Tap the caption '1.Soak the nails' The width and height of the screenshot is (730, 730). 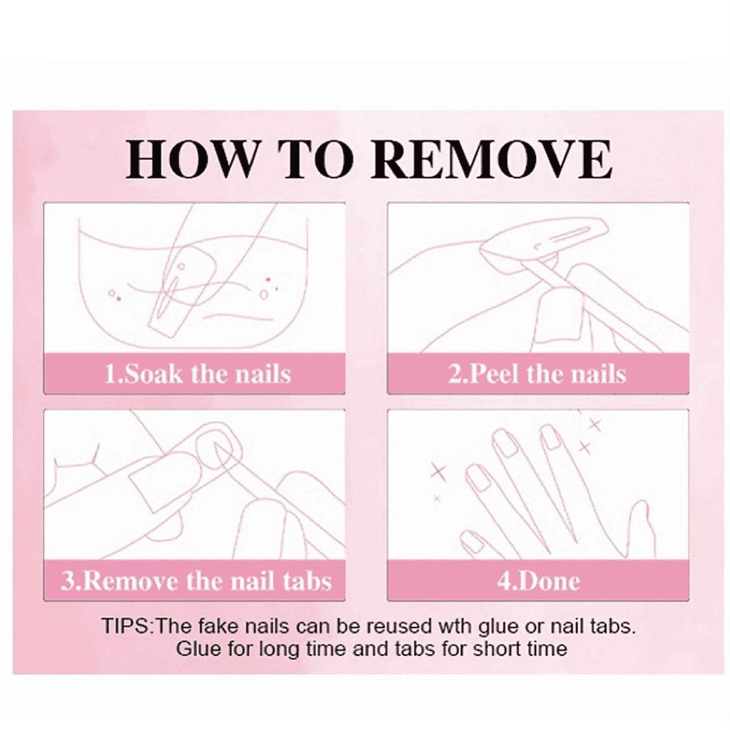tap(198, 374)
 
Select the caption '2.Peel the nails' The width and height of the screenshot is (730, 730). tap(537, 374)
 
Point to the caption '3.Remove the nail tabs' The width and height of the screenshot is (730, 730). tap(196, 581)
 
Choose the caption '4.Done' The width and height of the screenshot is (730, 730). tap(538, 581)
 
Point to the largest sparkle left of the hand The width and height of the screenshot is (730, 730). tap(439, 471)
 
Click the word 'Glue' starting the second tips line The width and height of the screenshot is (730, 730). tap(199, 649)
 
